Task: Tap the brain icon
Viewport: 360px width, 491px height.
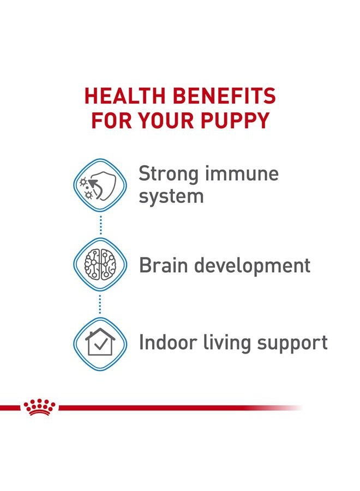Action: (x=100, y=265)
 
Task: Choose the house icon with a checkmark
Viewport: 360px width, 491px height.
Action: (x=100, y=343)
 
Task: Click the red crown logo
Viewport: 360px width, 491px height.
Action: (x=40, y=407)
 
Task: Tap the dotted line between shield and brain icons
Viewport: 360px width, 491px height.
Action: (x=100, y=225)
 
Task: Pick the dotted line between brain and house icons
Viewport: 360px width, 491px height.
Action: (x=100, y=304)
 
